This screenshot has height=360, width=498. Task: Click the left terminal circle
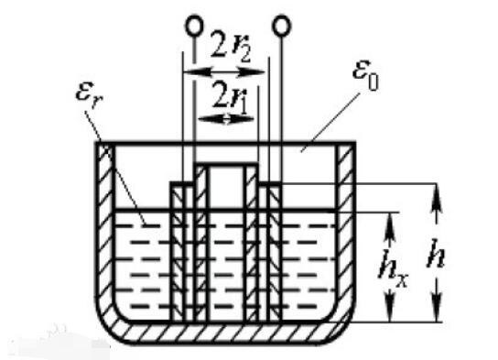[194, 26]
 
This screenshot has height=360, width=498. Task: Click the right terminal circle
[281, 26]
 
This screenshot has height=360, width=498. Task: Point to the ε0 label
[365, 75]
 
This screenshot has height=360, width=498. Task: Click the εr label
[89, 94]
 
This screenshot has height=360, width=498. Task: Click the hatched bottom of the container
[225, 333]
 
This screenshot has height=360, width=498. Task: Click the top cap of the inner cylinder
[226, 164]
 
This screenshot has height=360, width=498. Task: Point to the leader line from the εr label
[115, 168]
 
